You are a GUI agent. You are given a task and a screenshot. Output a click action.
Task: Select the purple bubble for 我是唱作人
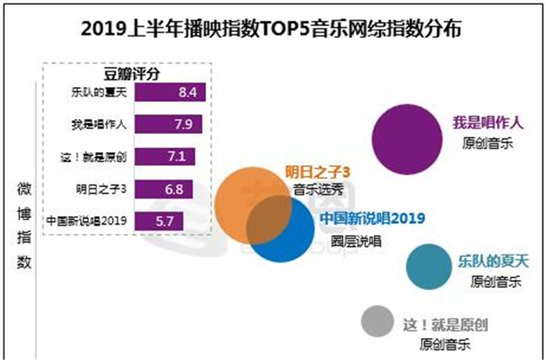click(407, 140)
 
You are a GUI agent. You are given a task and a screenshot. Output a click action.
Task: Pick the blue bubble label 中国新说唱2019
click(372, 219)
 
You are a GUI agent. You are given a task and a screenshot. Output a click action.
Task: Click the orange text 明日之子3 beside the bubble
click(314, 173)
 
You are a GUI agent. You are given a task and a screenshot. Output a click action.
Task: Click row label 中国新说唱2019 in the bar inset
click(86, 221)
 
